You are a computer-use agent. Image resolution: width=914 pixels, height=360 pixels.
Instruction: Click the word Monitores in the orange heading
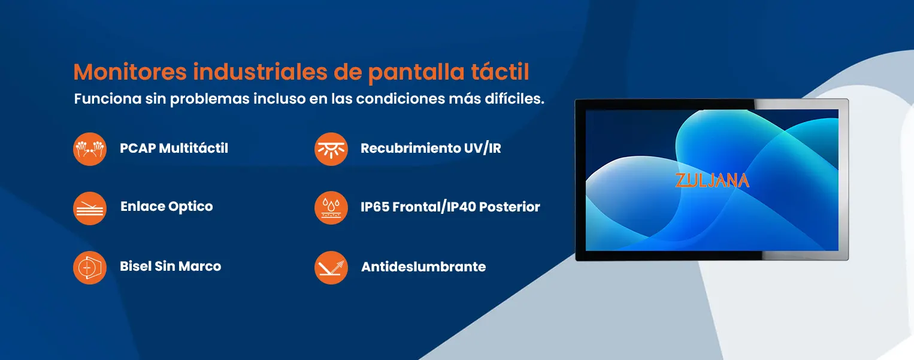tap(130, 72)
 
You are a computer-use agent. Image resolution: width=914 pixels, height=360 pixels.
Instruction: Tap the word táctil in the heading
tap(500, 72)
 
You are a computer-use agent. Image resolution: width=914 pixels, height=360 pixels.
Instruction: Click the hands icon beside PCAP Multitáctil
tap(90, 149)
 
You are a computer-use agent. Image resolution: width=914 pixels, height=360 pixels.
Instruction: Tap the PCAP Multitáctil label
tap(174, 148)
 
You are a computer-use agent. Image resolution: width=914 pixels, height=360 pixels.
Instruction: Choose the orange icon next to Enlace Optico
tap(90, 208)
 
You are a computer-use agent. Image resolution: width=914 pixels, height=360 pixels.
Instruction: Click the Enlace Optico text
tap(167, 207)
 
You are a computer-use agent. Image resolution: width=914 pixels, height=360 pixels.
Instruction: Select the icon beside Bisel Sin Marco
tap(90, 268)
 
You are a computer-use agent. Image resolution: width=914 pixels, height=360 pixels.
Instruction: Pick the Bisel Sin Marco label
tap(171, 266)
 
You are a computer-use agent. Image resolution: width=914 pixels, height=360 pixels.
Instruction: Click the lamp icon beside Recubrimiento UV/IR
tap(331, 149)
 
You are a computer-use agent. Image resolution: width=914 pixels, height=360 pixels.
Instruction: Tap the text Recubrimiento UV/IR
tap(431, 149)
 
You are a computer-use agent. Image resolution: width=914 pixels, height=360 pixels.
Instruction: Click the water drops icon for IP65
tap(331, 208)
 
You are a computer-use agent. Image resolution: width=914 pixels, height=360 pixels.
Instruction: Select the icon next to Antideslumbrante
tap(331, 268)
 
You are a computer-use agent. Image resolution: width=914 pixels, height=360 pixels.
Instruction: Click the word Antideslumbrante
tap(423, 267)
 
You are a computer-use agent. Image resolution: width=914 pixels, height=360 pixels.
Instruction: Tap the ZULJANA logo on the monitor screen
tap(712, 180)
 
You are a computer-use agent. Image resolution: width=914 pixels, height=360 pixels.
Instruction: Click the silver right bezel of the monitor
tap(843, 180)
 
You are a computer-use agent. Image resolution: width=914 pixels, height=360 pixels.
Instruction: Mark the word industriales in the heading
tap(261, 72)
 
